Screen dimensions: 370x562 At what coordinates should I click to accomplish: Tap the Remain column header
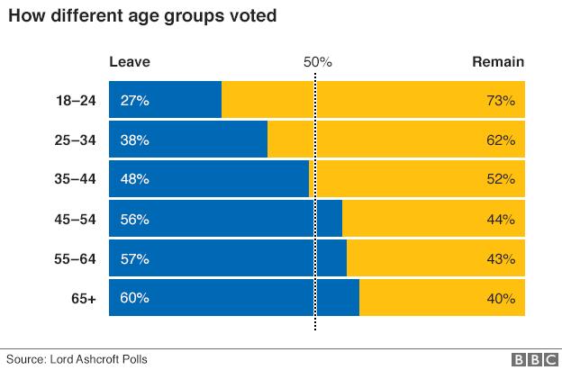pyautogui.click(x=498, y=62)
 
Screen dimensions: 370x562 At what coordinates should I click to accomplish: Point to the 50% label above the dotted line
pyautogui.click(x=317, y=62)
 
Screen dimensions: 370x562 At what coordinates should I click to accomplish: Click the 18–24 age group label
pyautogui.click(x=76, y=101)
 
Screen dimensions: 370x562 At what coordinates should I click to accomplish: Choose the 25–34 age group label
pyautogui.click(x=76, y=140)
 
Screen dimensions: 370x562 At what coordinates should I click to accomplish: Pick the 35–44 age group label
pyautogui.click(x=76, y=179)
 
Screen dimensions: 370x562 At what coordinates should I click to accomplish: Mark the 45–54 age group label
pyautogui.click(x=76, y=219)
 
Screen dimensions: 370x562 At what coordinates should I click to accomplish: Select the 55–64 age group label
pyautogui.click(x=76, y=258)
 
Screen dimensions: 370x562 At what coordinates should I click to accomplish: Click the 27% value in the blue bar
pyautogui.click(x=133, y=101)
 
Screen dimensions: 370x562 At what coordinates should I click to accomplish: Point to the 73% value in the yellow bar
pyautogui.click(x=500, y=101)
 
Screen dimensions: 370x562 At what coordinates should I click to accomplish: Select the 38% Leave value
pyautogui.click(x=133, y=140)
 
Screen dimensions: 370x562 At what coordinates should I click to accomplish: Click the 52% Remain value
pyautogui.click(x=500, y=179)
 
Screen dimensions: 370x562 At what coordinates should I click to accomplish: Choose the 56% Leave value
pyautogui.click(x=133, y=219)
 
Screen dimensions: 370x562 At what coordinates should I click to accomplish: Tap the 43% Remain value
pyautogui.click(x=500, y=258)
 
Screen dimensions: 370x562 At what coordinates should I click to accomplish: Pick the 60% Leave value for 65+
pyautogui.click(x=133, y=298)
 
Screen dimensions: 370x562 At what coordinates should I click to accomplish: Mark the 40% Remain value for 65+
pyautogui.click(x=500, y=298)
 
